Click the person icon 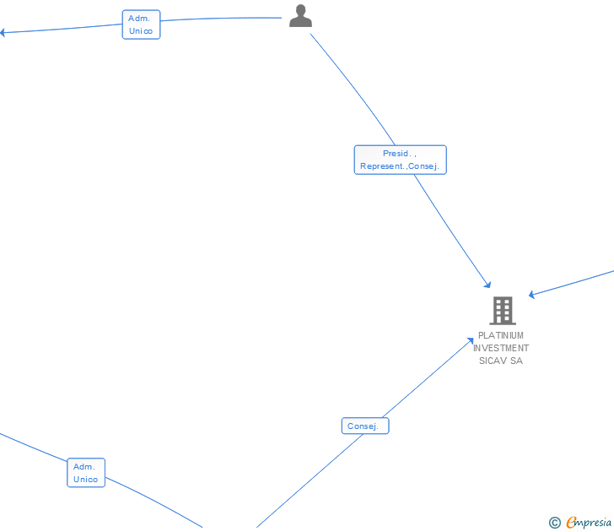(300, 16)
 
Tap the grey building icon (503, 311)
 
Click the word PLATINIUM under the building (501, 335)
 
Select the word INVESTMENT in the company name (501, 348)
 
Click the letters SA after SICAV (516, 361)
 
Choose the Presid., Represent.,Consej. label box (400, 160)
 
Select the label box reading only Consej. (365, 426)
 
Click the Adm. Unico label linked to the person (141, 24)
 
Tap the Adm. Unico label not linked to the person (86, 473)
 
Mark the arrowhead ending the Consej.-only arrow (471, 340)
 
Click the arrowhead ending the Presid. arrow (487, 285)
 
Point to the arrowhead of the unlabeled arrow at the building (531, 295)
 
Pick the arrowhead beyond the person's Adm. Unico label (3, 33)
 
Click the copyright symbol (554, 523)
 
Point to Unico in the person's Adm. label (141, 31)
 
